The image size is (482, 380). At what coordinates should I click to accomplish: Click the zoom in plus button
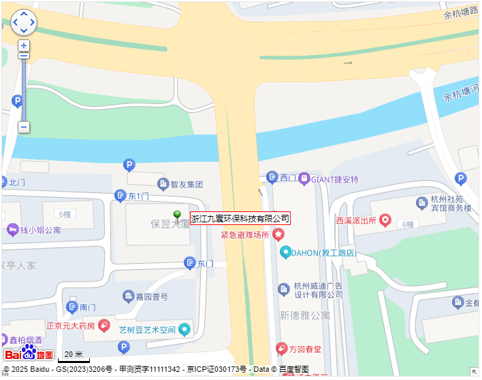tap(24, 46)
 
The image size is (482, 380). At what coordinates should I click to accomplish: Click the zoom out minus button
tap(24, 126)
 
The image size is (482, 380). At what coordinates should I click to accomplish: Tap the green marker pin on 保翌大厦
tap(177, 215)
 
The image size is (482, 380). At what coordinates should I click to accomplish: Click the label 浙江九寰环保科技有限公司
tap(240, 218)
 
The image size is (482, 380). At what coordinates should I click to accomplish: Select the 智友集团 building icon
tap(163, 184)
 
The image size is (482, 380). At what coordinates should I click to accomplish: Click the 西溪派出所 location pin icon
tap(385, 220)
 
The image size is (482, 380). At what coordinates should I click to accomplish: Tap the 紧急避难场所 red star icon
tap(278, 235)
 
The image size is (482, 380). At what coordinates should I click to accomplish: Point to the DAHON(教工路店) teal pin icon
tap(286, 252)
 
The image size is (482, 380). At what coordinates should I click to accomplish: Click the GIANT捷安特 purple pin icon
tap(304, 179)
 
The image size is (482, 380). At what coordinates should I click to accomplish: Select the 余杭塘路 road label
tap(460, 14)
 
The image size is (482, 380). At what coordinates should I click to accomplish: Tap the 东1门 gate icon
tap(120, 196)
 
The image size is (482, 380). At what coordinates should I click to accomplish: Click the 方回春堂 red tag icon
tap(280, 349)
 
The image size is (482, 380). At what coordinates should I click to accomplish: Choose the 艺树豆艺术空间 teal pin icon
tap(184, 330)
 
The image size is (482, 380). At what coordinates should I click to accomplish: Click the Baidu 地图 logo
tap(29, 353)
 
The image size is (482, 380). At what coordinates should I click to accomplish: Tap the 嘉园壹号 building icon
tap(128, 296)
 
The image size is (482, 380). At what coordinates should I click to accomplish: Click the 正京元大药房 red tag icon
tap(104, 326)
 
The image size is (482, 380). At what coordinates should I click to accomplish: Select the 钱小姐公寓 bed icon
tap(12, 230)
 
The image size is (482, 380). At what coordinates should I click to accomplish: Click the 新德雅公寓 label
tap(305, 315)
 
